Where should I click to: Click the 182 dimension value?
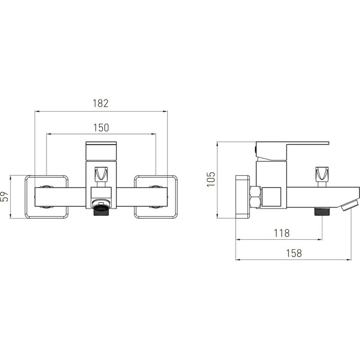pos(101,103)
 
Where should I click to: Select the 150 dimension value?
pos(101,128)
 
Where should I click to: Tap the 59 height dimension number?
pos(5,196)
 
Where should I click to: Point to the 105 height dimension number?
pos(211,179)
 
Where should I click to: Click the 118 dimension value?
pos(282,233)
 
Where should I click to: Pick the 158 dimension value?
pos(294,254)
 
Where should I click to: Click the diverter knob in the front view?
pos(101,174)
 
